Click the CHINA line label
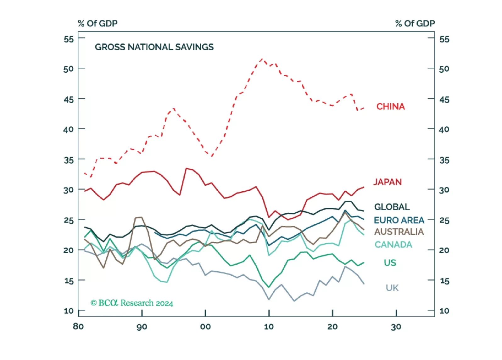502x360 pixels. tap(390, 107)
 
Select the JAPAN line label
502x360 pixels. tap(387, 182)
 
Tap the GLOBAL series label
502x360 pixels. tap(392, 207)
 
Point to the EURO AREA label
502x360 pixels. tap(399, 220)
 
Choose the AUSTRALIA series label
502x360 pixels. tap(399, 232)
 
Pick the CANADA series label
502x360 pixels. tap(393, 245)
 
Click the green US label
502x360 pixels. tap(390, 263)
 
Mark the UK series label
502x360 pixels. tap(392, 288)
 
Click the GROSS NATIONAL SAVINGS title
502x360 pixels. tap(154, 47)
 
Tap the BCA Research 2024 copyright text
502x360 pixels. tap(132, 303)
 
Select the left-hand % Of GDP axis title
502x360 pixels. tap(98, 24)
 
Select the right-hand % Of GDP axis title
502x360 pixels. tap(415, 24)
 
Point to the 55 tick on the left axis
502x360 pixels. tap(69, 39)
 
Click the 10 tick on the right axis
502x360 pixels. tap(444, 311)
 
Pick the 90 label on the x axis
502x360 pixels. tap(142, 327)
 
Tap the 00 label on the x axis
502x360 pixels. tap(205, 327)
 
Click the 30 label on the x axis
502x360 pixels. tap(396, 327)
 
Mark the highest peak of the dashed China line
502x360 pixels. tap(262, 59)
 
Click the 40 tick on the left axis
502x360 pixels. tap(69, 129)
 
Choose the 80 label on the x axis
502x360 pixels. tap(78, 326)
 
